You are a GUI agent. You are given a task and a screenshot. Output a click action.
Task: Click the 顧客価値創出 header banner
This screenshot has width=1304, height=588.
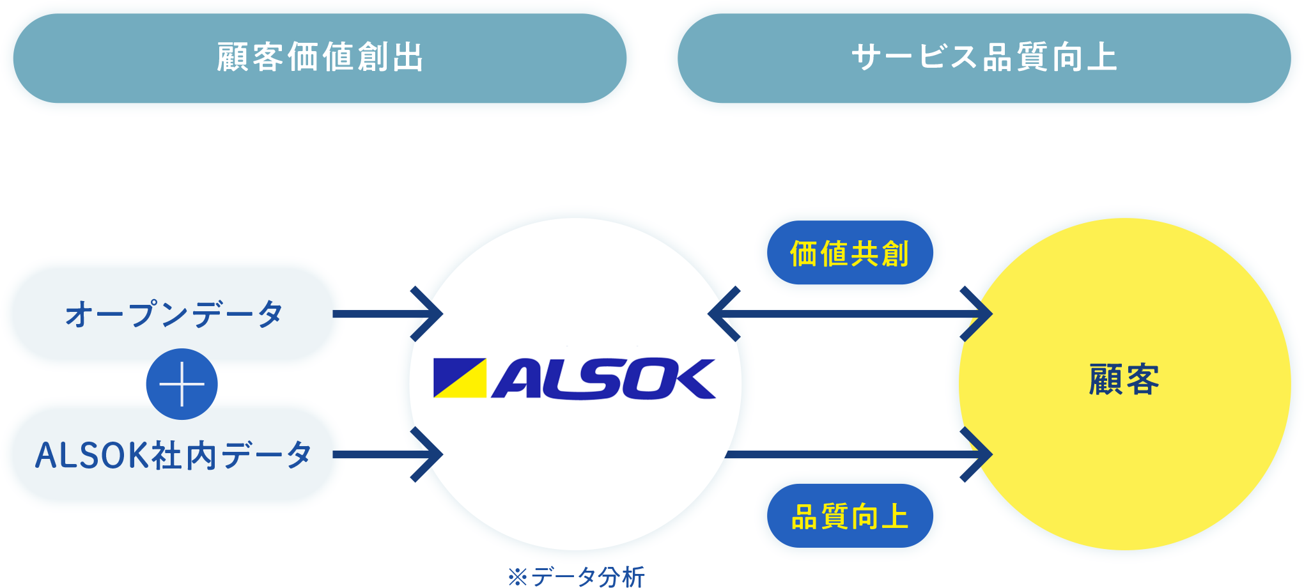[x=320, y=58]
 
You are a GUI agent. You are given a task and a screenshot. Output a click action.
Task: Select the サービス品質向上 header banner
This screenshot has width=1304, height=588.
[x=984, y=58]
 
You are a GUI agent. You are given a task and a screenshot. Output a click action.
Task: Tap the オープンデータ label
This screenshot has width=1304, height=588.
[x=173, y=314]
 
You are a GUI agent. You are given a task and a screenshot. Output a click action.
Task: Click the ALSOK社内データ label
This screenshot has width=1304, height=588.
[x=173, y=454]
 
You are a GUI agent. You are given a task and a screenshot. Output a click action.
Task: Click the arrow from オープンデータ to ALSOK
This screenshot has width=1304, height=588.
[x=387, y=314]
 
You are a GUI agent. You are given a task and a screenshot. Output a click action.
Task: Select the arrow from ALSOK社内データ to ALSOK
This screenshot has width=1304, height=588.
[x=387, y=454]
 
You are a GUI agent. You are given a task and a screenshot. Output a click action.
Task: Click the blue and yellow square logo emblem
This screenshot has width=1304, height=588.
[x=460, y=378]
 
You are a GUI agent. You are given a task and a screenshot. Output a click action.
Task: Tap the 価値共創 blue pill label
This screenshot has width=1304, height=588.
[x=850, y=253]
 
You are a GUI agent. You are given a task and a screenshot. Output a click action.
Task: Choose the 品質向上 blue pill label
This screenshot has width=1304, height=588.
[x=850, y=516]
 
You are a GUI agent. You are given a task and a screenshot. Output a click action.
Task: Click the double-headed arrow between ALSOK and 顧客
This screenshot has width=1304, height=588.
[x=850, y=314]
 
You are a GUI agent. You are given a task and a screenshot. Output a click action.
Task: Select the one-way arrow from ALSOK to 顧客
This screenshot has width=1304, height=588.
[x=857, y=454]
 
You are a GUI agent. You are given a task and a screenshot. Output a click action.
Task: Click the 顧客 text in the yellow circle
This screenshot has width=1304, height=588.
[x=1124, y=380]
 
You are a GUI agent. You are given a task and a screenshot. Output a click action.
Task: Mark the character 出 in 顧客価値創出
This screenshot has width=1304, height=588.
[x=408, y=58]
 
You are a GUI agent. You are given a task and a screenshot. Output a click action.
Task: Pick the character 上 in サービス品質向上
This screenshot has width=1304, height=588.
[x=1101, y=58]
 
